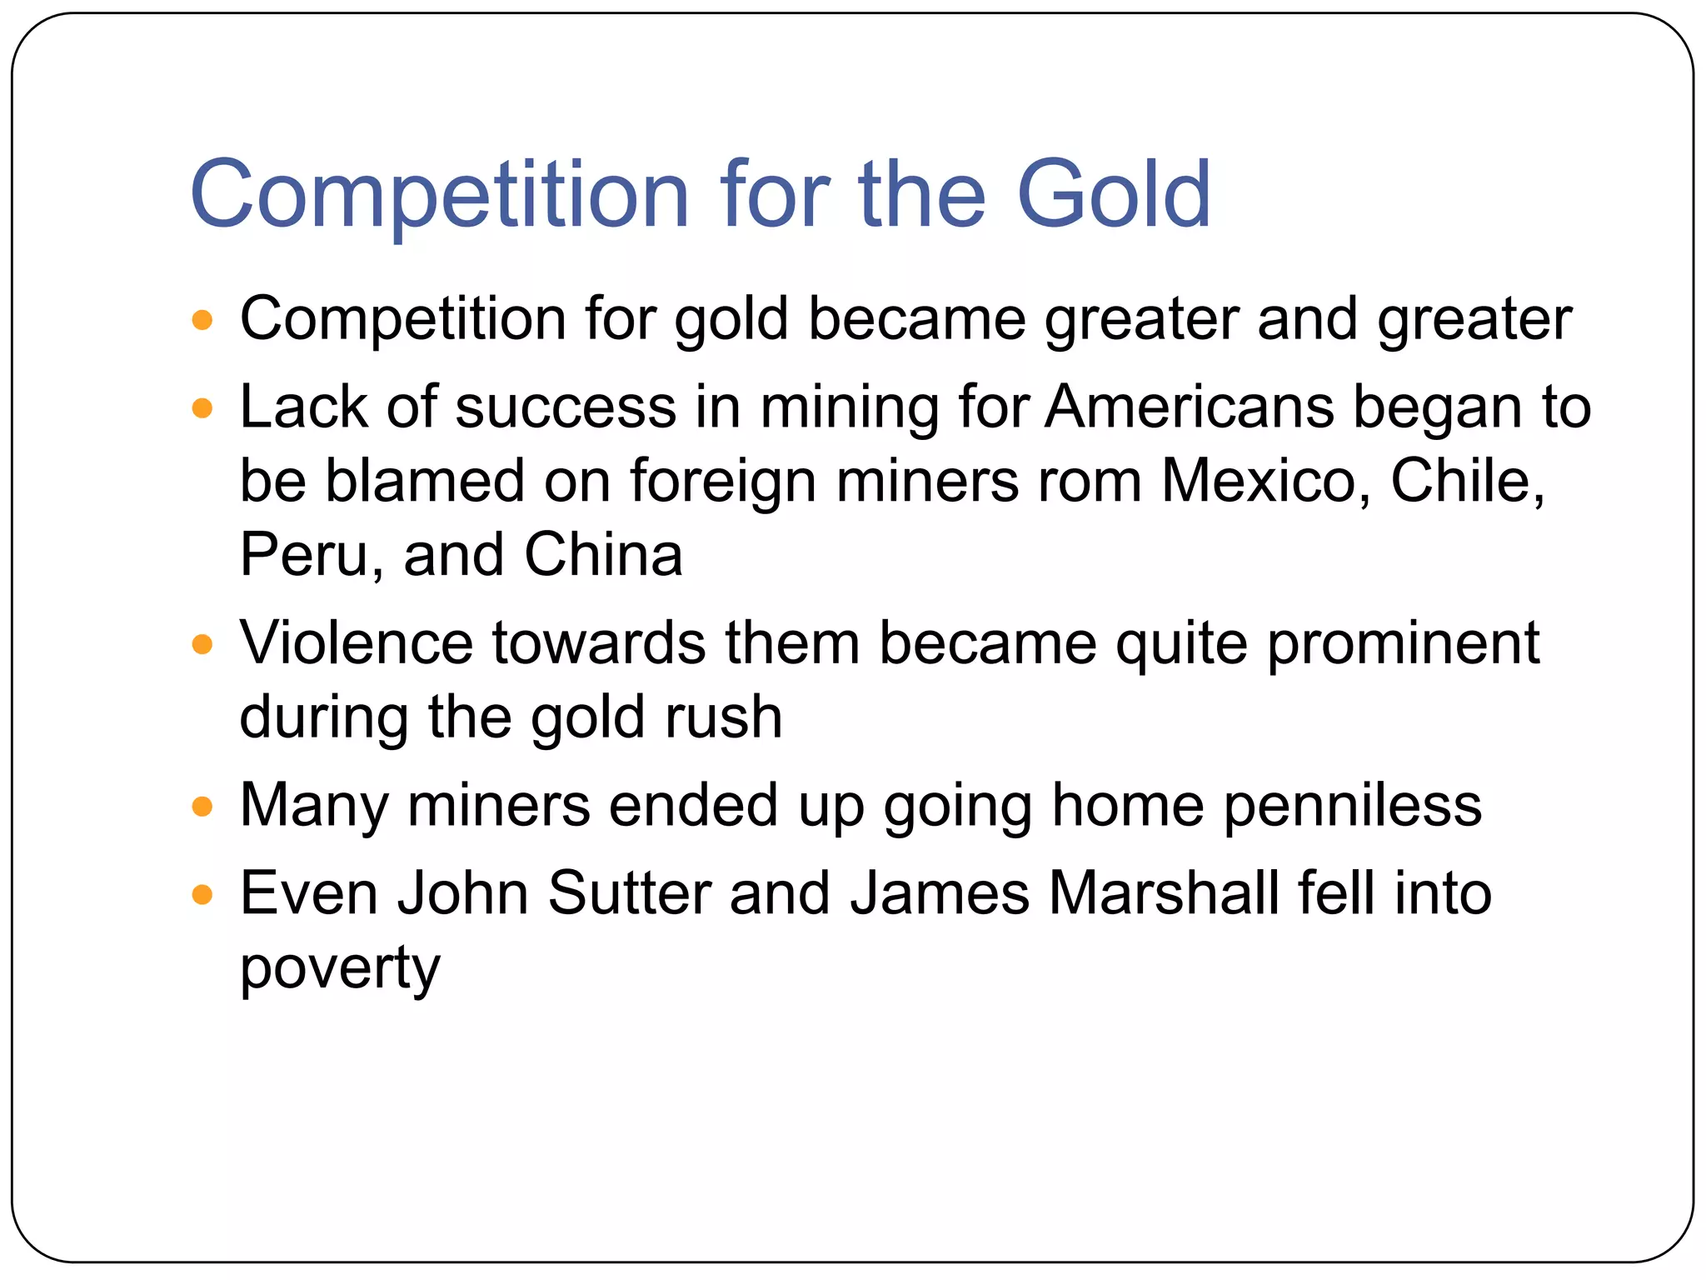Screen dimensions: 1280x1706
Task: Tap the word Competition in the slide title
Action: [440, 196]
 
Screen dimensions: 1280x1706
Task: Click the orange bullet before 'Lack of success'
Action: [202, 408]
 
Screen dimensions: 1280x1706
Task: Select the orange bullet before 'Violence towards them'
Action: [202, 644]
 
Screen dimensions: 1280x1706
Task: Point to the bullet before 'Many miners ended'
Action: [202, 807]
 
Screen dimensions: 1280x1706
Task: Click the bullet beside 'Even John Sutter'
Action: [202, 895]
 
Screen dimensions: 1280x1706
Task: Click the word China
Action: [603, 555]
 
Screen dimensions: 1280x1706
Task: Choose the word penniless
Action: [1353, 806]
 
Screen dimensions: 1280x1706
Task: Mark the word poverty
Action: [340, 969]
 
